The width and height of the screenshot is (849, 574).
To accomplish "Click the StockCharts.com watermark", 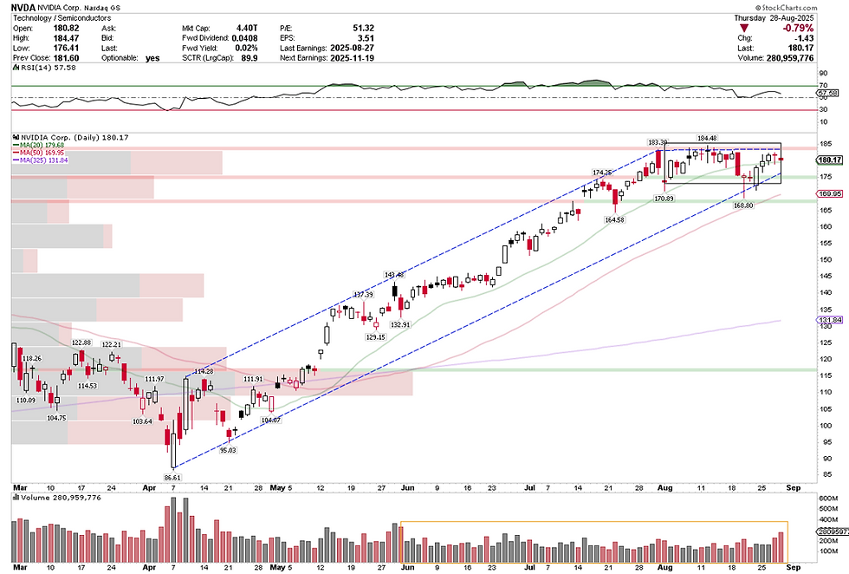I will pyautogui.click(x=813, y=7).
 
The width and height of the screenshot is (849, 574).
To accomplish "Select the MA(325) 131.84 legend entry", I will pyautogui.click(x=45, y=160).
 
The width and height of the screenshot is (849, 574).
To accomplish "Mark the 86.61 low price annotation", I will pyautogui.click(x=172, y=477).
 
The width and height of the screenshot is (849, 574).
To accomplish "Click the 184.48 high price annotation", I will pyautogui.click(x=707, y=137).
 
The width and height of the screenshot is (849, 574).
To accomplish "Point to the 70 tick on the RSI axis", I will pyautogui.click(x=824, y=86).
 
